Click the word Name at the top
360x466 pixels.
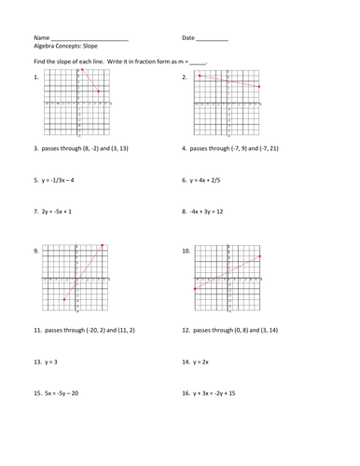tap(41, 38)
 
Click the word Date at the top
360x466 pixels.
tap(188, 38)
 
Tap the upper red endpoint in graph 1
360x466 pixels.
tap(82, 70)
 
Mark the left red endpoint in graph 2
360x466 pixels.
tap(200, 76)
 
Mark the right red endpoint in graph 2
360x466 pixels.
tap(258, 87)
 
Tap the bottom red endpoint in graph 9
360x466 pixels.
tap(63, 300)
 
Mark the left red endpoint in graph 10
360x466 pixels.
tap(193, 290)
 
